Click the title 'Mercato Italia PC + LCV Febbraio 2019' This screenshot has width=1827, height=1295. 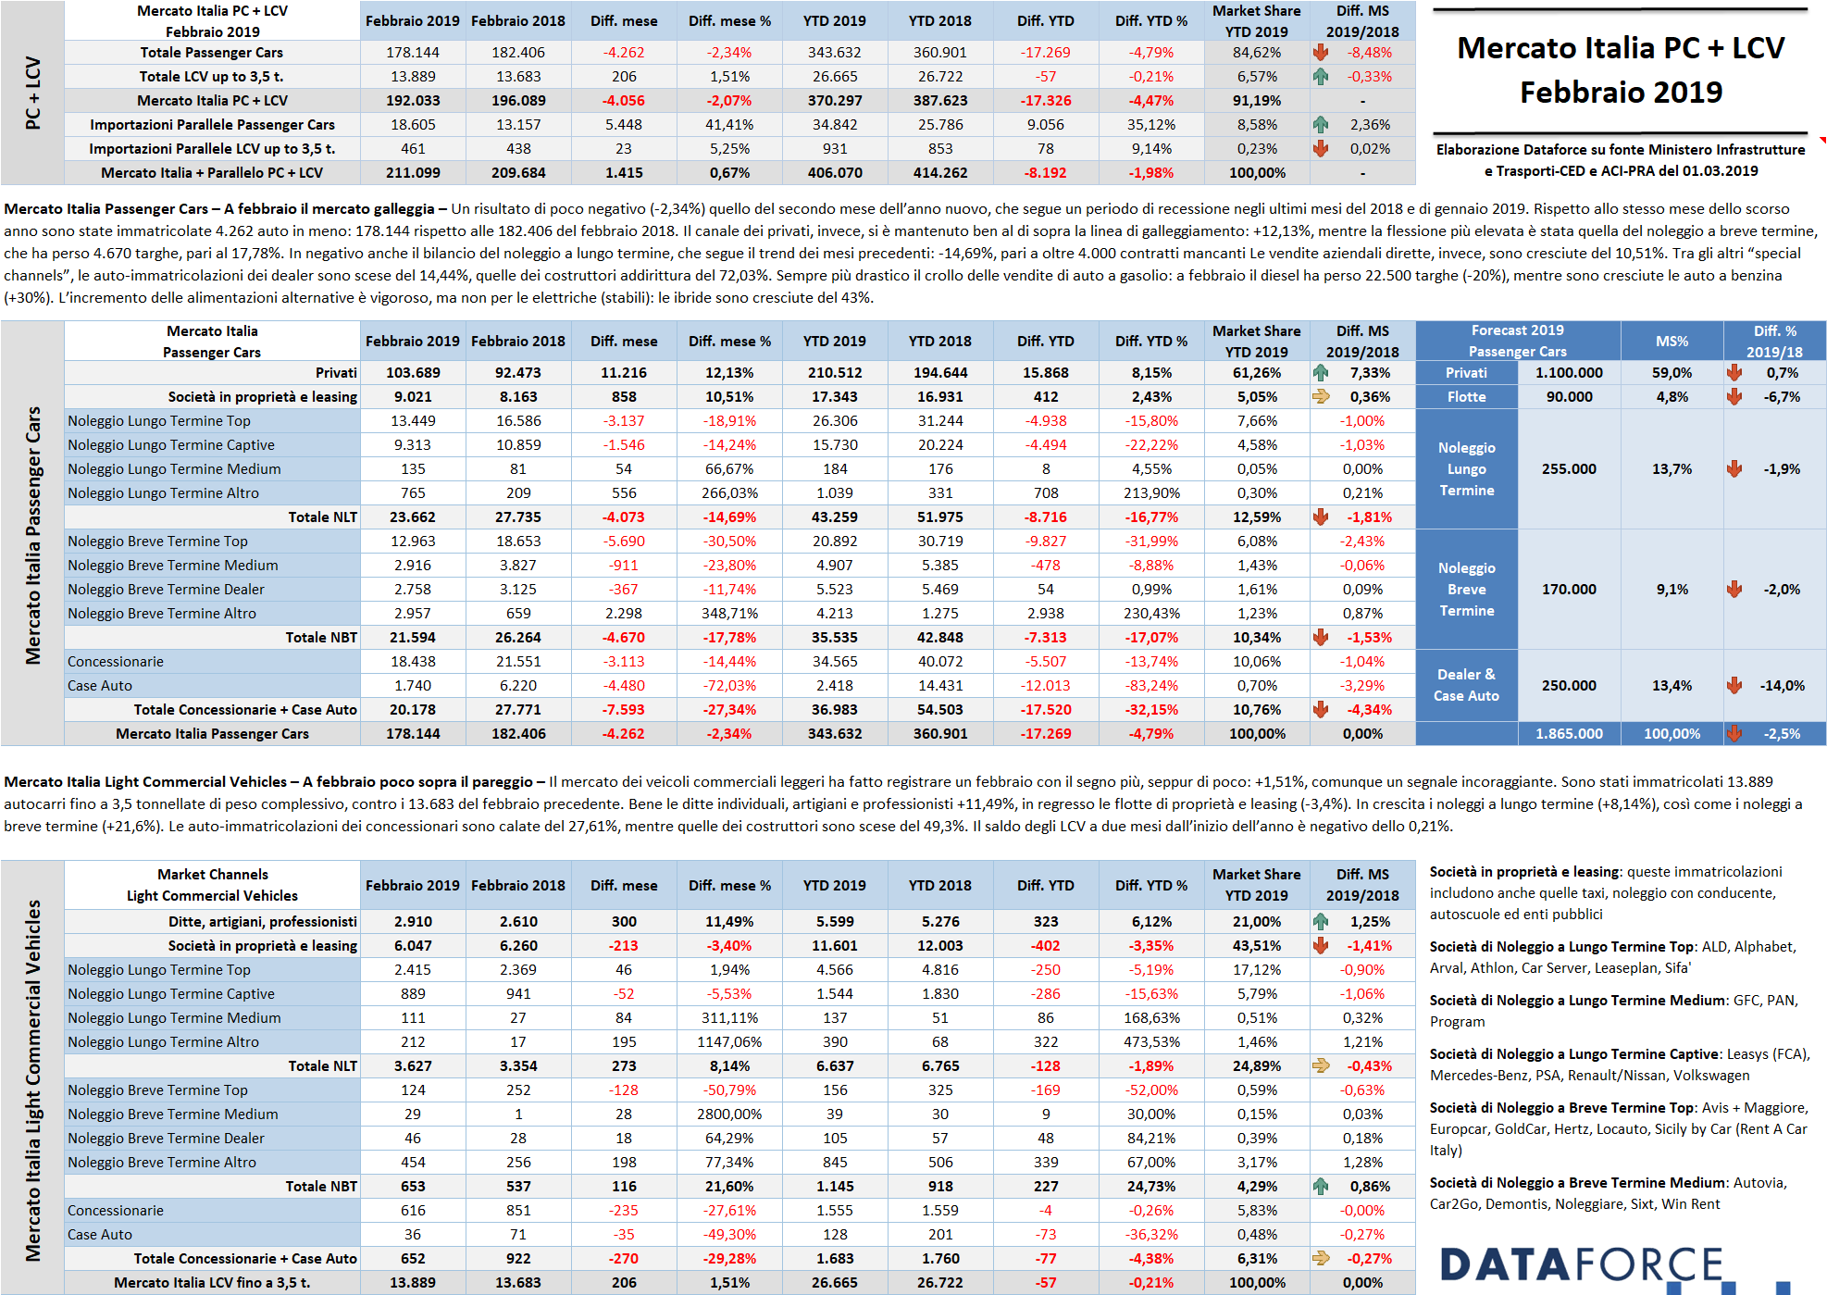[1621, 70]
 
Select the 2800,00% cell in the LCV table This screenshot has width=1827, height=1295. [729, 1114]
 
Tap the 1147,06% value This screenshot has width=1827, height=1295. [729, 1041]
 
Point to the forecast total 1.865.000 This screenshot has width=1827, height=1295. [1569, 733]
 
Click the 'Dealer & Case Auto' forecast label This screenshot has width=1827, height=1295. [1466, 685]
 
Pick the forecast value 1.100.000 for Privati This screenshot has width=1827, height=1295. [1569, 372]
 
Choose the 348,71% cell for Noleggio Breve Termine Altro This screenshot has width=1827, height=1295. [729, 613]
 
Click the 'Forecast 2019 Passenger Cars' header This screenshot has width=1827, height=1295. [1518, 341]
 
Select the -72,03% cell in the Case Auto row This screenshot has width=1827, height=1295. [729, 685]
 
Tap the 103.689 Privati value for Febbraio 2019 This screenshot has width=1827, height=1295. [413, 372]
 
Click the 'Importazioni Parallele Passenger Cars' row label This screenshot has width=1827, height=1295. [212, 124]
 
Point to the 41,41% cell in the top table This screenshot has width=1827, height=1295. [729, 124]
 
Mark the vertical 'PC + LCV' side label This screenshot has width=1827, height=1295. [32, 93]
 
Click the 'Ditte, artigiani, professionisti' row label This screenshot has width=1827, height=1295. [262, 921]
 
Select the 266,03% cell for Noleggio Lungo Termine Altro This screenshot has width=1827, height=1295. [729, 492]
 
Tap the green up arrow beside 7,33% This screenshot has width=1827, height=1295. [1321, 372]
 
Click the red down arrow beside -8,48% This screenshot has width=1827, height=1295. [1321, 52]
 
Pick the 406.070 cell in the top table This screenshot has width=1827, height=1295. [835, 172]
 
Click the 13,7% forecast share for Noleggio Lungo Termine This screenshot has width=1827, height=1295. [1672, 468]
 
